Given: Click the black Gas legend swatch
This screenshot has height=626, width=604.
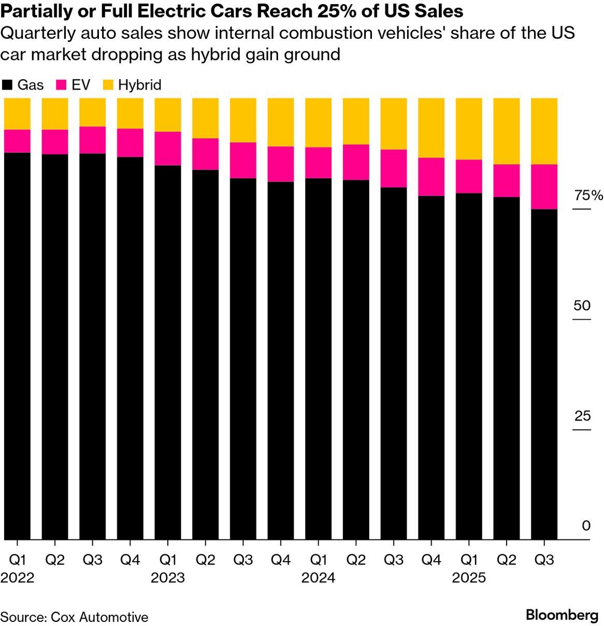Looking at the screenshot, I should click(x=7, y=85).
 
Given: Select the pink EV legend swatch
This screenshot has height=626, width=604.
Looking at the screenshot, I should click(x=62, y=85).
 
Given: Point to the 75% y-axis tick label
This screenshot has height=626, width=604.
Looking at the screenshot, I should click(x=588, y=195).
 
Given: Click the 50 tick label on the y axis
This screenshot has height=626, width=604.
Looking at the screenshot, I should click(x=582, y=305).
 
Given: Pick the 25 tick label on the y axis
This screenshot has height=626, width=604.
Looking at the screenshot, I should click(x=582, y=416).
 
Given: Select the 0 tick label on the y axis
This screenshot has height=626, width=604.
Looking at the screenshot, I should click(x=586, y=525).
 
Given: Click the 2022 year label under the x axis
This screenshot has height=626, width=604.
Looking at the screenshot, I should click(x=17, y=578).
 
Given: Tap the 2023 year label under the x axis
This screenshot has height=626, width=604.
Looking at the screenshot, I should click(x=168, y=578).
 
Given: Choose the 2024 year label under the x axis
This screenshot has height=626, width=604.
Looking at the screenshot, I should click(x=318, y=578).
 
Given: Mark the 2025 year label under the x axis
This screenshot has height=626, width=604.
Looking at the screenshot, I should click(x=469, y=578).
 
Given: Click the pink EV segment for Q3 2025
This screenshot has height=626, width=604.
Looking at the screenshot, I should click(x=544, y=187).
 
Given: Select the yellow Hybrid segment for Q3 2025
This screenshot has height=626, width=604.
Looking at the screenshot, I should click(x=544, y=131).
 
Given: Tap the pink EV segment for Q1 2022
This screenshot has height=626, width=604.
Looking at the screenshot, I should click(x=17, y=141).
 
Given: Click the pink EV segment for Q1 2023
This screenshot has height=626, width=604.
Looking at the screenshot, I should click(x=168, y=148).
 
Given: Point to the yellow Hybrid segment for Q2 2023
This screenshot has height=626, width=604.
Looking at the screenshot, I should click(x=205, y=118).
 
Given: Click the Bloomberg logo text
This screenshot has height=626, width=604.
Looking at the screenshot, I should click(x=562, y=615).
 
